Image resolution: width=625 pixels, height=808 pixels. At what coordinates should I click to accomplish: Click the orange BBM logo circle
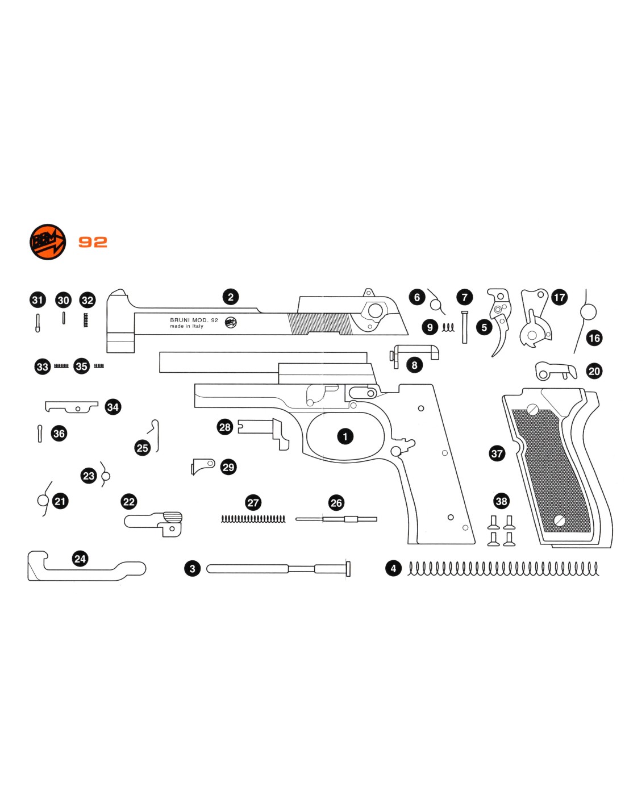(48, 241)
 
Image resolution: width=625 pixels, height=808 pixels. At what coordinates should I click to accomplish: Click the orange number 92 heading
(93, 242)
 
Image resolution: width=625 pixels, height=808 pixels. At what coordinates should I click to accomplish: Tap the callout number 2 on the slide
(231, 297)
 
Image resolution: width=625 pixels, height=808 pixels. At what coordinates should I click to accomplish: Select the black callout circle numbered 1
(345, 436)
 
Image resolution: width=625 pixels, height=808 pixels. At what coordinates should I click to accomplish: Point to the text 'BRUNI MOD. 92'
(194, 320)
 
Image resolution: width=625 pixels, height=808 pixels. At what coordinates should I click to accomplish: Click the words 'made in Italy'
(186, 326)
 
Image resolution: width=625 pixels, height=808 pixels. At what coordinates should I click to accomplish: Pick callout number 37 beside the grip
(497, 453)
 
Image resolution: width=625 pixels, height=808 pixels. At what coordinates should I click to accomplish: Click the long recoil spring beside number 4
(503, 568)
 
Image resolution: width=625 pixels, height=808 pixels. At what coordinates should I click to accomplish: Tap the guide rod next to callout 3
(278, 569)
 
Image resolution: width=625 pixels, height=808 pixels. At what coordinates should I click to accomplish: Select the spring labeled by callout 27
(253, 518)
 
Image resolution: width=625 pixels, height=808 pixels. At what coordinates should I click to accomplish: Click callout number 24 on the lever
(80, 559)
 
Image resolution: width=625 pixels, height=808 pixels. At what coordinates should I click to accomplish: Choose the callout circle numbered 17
(559, 297)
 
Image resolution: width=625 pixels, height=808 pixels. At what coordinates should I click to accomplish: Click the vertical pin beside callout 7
(464, 327)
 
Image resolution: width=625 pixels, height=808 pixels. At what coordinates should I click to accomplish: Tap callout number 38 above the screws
(501, 501)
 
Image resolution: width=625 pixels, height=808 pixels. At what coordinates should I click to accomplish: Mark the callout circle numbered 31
(37, 300)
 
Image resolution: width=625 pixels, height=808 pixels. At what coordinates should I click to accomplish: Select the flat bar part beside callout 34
(72, 407)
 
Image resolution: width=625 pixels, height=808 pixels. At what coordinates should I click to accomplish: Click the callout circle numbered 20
(594, 371)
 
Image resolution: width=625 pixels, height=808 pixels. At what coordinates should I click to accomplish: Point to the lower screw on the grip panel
(559, 520)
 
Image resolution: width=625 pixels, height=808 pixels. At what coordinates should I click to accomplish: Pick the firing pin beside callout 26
(336, 519)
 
